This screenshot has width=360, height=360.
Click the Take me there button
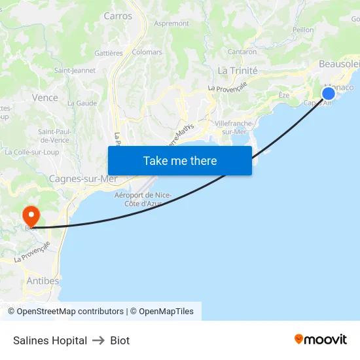pos(180,160)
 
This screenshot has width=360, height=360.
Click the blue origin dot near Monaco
pos(329,94)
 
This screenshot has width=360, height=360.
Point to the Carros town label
pos(118,16)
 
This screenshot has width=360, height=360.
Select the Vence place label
pos(45,98)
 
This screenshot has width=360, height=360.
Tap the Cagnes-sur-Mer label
pos(84,178)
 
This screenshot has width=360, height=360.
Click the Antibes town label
pos(43,281)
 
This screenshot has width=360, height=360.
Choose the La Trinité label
pos(238,71)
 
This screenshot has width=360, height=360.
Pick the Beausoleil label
pos(339,63)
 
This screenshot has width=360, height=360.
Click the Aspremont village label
pos(171,24)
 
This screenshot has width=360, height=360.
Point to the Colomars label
pos(147,52)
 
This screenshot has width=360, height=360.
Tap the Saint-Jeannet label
pos(75,71)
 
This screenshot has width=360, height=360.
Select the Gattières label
pos(109,52)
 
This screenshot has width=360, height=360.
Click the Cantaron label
pos(242,52)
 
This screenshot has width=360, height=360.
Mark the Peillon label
pos(304,29)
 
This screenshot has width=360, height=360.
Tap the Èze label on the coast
pos(284,95)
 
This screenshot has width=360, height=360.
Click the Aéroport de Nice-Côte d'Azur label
pos(143,199)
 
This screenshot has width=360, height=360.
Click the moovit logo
pos(321,340)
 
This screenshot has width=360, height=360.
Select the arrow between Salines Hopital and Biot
pos(99,340)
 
